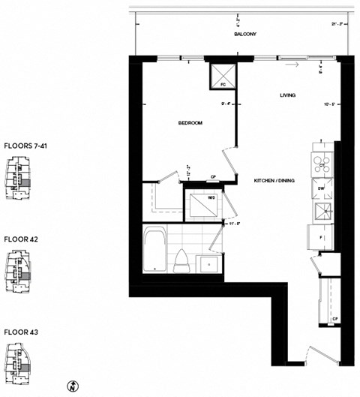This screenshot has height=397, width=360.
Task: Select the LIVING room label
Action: coord(287,95)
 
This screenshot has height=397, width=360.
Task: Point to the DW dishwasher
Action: coord(321,188)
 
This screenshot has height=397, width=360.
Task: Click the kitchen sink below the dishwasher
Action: coord(322,212)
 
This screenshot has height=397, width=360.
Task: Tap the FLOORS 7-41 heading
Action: coord(26,146)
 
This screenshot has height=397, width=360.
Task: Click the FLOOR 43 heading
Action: coord(21,331)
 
